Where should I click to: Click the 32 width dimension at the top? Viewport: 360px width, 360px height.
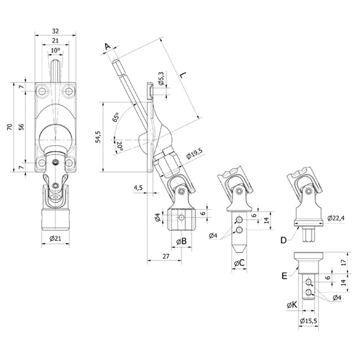point(55,31)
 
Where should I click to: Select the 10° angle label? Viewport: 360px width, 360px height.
point(55,50)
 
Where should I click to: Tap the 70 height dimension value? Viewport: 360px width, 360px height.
point(9,127)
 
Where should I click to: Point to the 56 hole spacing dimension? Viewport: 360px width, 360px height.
point(21,127)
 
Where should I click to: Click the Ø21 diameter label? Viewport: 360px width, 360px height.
point(55,238)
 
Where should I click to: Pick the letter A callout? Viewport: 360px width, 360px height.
point(107,47)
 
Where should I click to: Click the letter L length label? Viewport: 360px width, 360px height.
point(183,75)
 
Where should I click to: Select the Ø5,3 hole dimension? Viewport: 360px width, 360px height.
point(161,78)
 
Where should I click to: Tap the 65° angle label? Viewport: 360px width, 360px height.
point(116,117)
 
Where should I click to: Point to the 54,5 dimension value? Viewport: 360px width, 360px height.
point(98,137)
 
